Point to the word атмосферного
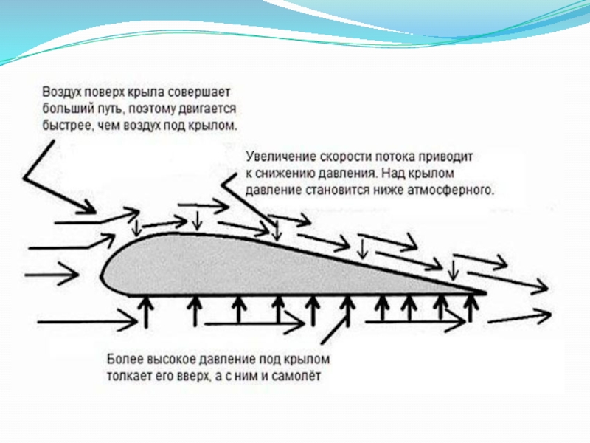point(454,190)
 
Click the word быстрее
point(65,125)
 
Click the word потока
point(406,158)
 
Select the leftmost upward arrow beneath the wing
point(145,310)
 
